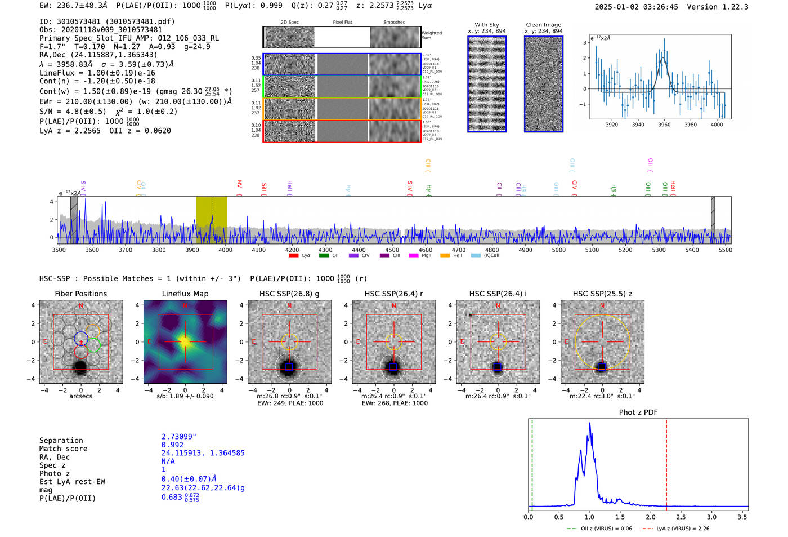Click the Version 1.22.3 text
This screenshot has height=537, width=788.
pos(717,7)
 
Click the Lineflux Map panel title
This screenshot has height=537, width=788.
pos(185,294)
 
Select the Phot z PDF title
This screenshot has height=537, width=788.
pos(638,412)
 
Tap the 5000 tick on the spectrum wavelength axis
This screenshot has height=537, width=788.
pos(558,250)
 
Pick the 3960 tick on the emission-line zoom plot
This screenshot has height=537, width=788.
pos(664,125)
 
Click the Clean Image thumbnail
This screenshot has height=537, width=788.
pos(543,84)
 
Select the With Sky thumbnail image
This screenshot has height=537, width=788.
pos(486,84)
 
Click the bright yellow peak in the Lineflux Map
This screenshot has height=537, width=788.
pos(185,341)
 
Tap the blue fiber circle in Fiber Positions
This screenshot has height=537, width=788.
pos(81,339)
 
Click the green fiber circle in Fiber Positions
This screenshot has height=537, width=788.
pos(93,345)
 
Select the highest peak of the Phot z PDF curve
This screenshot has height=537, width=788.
pos(590,424)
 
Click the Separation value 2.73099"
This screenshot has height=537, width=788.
pos(178,437)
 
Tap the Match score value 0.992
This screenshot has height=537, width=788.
pos(172,445)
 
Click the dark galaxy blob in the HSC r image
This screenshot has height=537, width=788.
pos(393,367)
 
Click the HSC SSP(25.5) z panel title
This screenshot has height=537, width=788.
pos(602,294)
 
